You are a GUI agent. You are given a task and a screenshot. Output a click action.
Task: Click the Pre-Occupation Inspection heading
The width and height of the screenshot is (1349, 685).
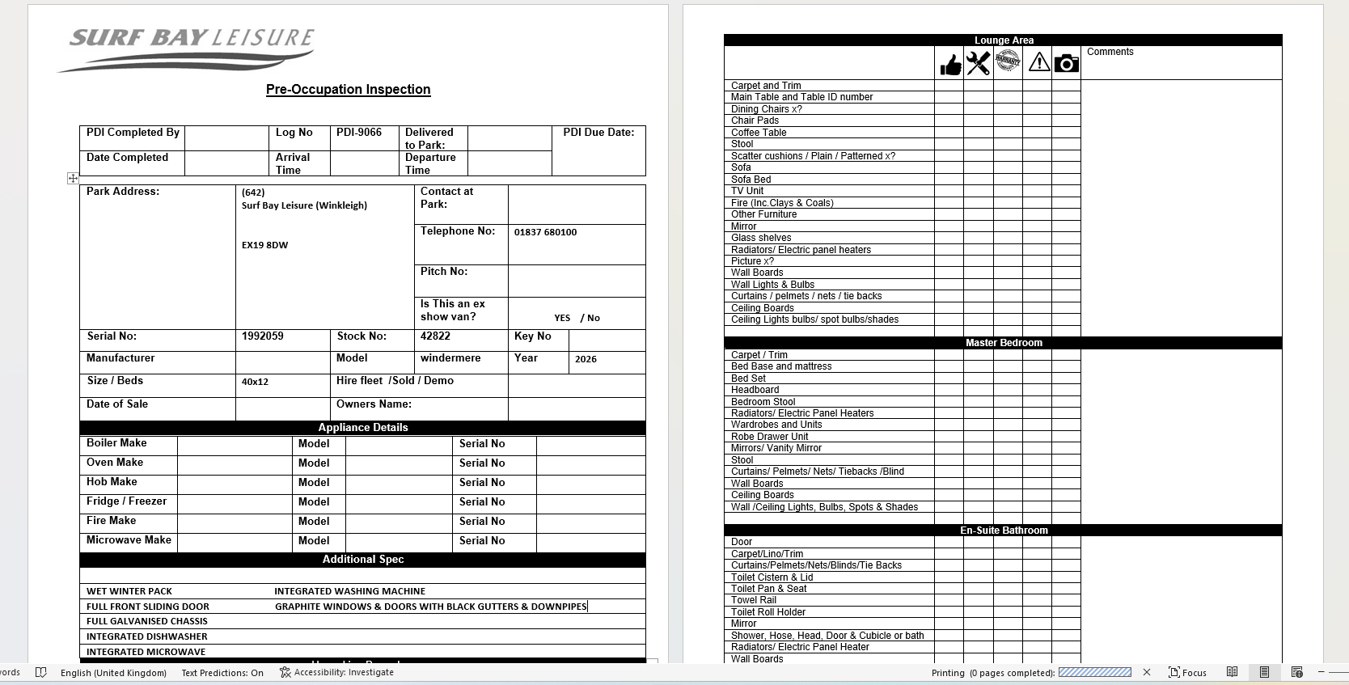click(348, 90)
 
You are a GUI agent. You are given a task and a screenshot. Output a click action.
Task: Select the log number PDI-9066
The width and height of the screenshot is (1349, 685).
click(359, 133)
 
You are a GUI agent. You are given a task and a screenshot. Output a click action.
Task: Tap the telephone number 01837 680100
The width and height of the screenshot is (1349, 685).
click(545, 232)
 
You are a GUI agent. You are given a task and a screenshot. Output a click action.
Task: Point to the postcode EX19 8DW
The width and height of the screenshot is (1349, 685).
click(264, 245)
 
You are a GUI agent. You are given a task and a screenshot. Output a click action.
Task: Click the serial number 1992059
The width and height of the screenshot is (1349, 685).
click(262, 336)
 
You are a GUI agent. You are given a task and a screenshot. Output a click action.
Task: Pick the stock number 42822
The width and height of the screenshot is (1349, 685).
click(435, 336)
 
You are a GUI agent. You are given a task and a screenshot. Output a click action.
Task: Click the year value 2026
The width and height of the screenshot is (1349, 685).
click(586, 359)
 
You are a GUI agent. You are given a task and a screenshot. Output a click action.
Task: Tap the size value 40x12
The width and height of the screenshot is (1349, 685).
click(255, 382)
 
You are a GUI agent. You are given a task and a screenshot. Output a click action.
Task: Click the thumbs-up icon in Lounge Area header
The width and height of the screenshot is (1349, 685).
click(950, 64)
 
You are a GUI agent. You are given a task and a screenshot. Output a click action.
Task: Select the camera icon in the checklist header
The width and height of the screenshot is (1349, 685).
click(1066, 63)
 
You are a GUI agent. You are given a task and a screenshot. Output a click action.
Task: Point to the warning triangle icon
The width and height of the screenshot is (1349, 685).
click(1038, 62)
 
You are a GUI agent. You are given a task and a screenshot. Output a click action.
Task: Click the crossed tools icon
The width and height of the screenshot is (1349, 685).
click(978, 63)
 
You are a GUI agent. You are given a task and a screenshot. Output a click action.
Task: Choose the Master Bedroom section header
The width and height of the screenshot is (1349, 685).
click(1003, 343)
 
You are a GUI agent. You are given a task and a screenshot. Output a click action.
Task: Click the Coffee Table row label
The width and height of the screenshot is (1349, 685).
click(759, 133)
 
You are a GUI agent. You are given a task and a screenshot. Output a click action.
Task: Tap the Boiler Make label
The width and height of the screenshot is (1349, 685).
click(116, 443)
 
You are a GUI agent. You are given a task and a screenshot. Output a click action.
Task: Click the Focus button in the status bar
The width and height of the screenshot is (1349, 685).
click(1187, 673)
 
